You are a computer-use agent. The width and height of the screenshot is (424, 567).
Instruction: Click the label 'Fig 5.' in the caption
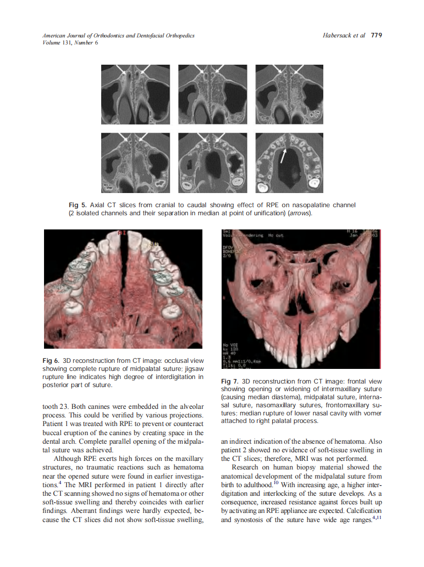coord(78,205)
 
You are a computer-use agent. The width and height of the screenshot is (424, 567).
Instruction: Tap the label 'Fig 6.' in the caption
coord(52,361)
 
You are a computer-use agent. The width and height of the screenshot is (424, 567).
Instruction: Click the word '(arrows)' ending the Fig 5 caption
coord(300,213)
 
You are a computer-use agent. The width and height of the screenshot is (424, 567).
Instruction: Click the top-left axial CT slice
coord(135,94)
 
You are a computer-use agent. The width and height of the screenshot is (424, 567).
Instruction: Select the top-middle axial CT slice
coord(213,94)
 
